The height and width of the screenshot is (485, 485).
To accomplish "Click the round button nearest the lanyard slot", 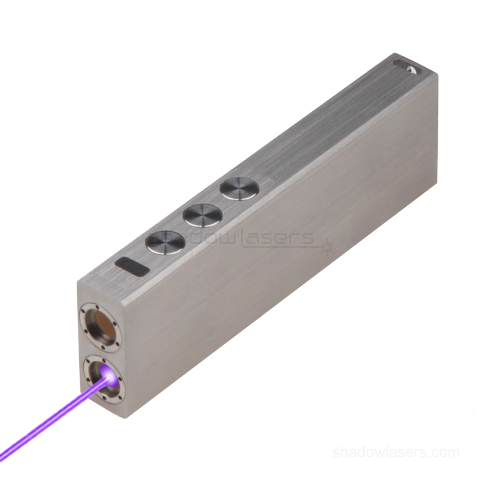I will point(239,188).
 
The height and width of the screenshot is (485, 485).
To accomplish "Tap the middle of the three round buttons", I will point(202,214).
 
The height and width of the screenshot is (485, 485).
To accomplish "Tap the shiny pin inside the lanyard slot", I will point(412,69).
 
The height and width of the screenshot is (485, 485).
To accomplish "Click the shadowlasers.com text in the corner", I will point(396,453).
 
